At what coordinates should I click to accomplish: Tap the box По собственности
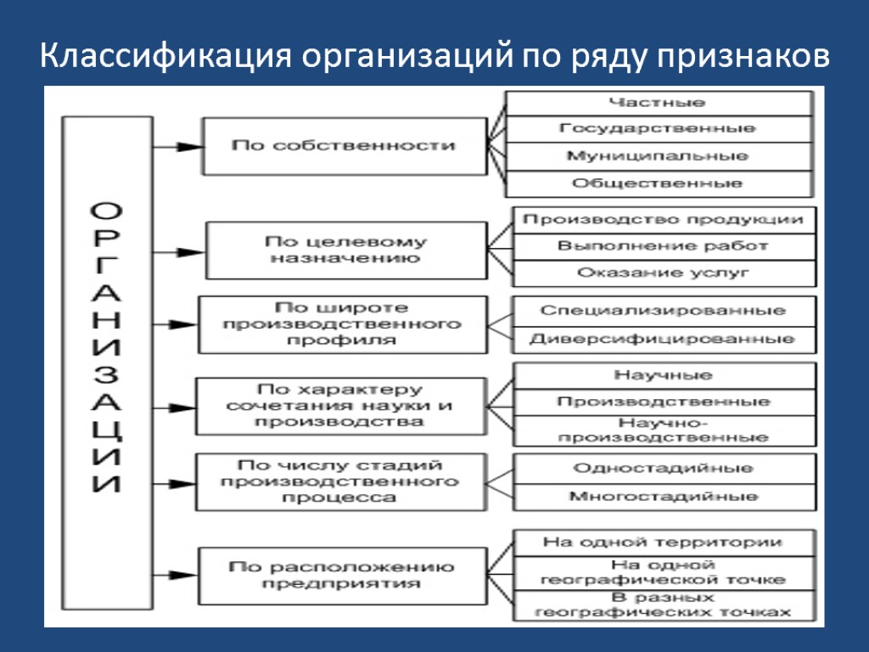[x=344, y=146]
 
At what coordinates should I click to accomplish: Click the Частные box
[x=658, y=103]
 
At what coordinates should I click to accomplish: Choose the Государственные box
[x=658, y=129]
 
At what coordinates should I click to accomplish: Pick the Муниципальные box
[x=658, y=156]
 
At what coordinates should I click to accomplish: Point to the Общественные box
[x=658, y=183]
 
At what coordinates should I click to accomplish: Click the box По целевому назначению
[x=345, y=250]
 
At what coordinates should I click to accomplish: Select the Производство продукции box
[x=663, y=220]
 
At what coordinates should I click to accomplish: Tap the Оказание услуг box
[x=663, y=273]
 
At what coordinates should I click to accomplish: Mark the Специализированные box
[x=663, y=311]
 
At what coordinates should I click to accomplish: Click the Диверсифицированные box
[x=663, y=340]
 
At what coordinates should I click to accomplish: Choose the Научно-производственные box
[x=663, y=430]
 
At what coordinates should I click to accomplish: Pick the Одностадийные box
[x=663, y=469]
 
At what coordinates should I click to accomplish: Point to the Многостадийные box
[x=663, y=497]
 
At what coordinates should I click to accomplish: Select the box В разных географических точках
[x=663, y=604]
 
